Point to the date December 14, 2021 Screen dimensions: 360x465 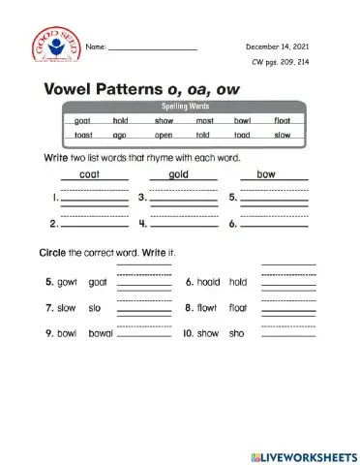click(x=277, y=46)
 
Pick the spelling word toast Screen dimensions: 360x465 click(x=83, y=135)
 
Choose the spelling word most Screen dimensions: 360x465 click(x=203, y=121)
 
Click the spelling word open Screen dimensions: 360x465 click(x=164, y=135)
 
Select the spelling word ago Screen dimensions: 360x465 click(x=120, y=135)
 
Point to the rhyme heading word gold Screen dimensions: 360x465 click(x=178, y=174)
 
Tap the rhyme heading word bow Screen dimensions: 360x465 click(x=266, y=174)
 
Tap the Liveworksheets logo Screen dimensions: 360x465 click(x=303, y=454)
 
